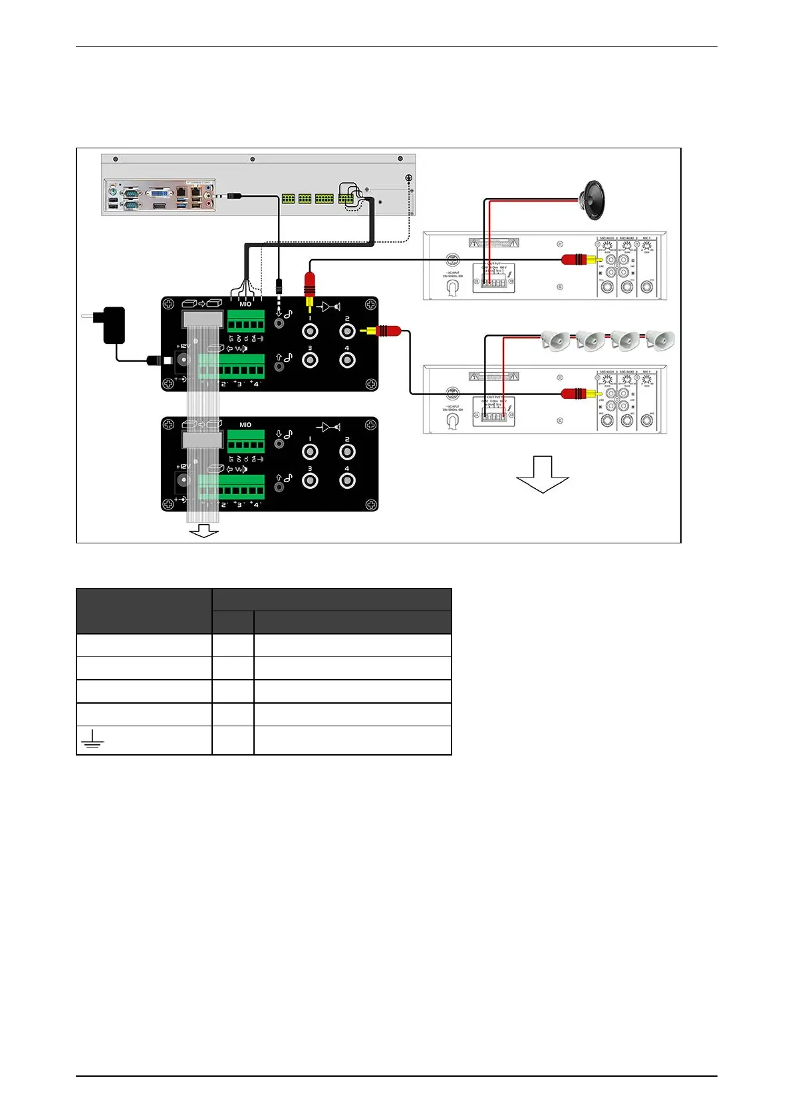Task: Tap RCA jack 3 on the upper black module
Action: pyautogui.click(x=310, y=360)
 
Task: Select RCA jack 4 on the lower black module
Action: pyautogui.click(x=346, y=480)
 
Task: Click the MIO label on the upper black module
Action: pyautogui.click(x=245, y=304)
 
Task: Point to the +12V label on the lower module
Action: pyautogui.click(x=183, y=466)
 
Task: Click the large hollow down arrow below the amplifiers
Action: pyautogui.click(x=543, y=474)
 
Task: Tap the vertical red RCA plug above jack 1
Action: pyautogui.click(x=309, y=284)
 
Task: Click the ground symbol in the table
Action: pyautogui.click(x=92, y=739)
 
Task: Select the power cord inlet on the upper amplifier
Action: pyautogui.click(x=452, y=287)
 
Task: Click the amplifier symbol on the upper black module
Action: pyautogui.click(x=329, y=307)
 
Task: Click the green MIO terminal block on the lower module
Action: pyautogui.click(x=245, y=441)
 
